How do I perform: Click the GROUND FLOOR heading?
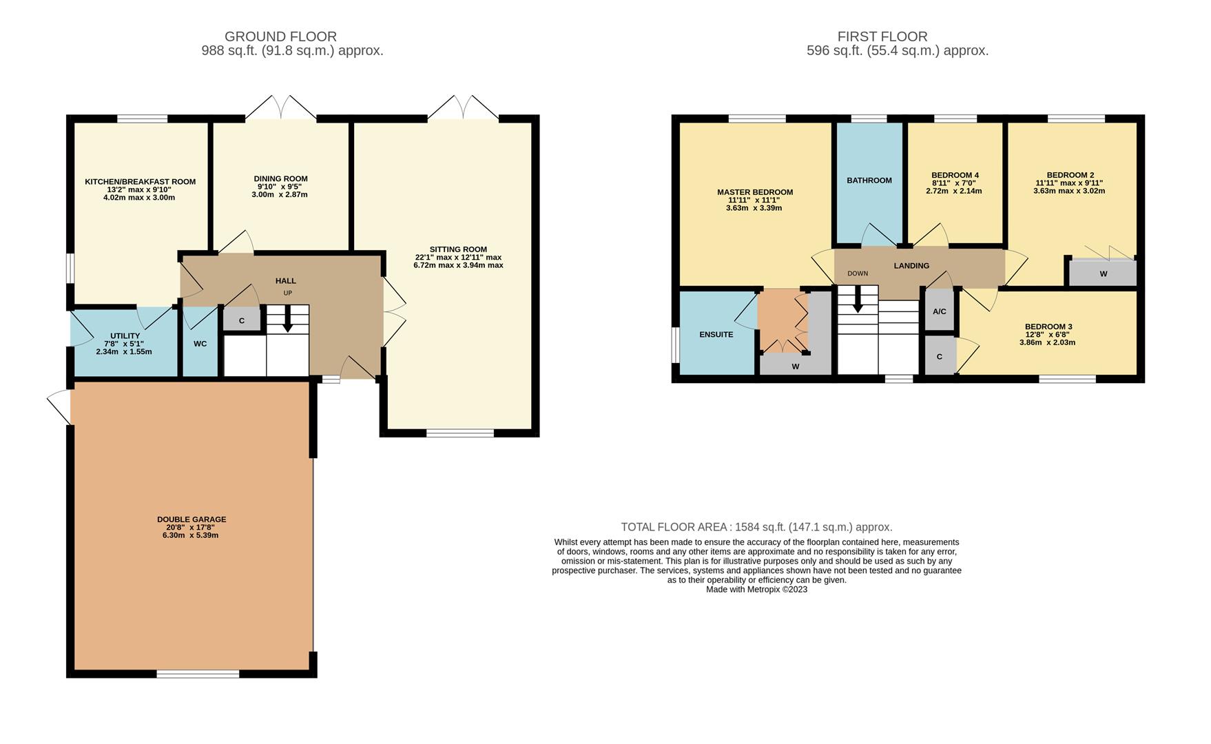pos(280,37)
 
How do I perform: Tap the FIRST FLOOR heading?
pos(882,37)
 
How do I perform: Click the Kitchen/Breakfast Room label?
pos(140,182)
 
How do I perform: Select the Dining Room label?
pos(280,178)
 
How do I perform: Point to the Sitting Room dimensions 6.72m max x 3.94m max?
pos(458,265)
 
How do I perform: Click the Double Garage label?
pos(192,519)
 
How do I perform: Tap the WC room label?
pos(200,344)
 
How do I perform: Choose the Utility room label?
pos(125,336)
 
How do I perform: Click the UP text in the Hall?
pos(287,293)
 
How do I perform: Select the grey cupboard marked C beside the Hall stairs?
pos(242,320)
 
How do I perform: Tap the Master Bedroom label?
pos(754,192)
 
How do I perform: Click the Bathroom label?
pos(869,180)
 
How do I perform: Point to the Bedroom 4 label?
pos(955,175)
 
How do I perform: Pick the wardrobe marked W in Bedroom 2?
pos(1103,273)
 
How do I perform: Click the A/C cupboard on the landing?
pos(939,311)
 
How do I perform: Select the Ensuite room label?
pos(716,335)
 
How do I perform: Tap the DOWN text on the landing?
pos(858,273)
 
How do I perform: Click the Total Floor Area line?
pos(756,527)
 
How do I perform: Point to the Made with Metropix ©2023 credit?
pos(756,590)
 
